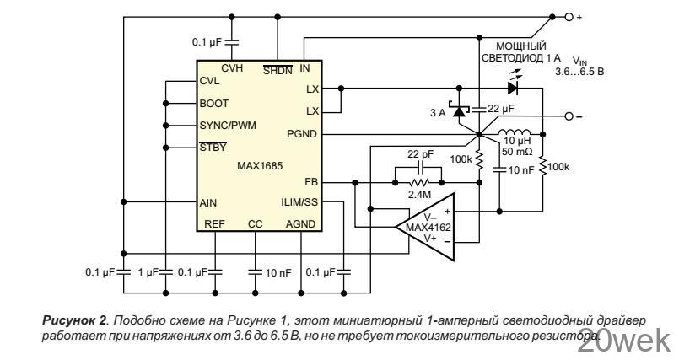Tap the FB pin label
coord(310,180)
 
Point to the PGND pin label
coord(301,133)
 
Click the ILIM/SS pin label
coord(299,201)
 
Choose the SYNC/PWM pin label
coord(228,126)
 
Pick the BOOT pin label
coord(214,104)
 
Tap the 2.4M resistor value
coord(419,195)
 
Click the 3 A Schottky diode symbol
coord(460,110)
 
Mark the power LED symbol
coord(512,87)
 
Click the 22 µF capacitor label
coord(500,108)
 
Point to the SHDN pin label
coord(278,71)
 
